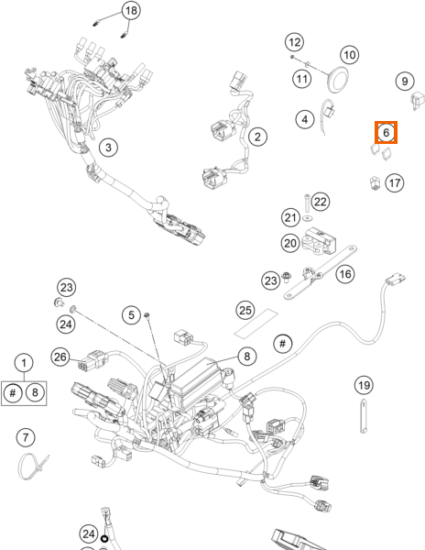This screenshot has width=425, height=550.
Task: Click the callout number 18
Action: (x=131, y=10)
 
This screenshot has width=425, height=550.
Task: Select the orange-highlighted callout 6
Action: (x=387, y=132)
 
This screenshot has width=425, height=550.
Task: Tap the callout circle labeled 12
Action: (x=294, y=42)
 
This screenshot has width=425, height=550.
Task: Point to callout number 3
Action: (x=108, y=148)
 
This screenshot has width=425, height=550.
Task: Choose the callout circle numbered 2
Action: (x=257, y=137)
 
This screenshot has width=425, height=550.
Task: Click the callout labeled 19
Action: (x=364, y=385)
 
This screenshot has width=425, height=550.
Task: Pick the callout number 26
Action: (x=60, y=357)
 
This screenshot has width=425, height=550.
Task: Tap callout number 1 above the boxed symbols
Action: (x=24, y=363)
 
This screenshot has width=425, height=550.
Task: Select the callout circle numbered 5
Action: (x=131, y=314)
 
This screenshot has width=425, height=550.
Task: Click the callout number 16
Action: (x=345, y=274)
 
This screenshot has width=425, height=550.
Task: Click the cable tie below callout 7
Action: (x=33, y=467)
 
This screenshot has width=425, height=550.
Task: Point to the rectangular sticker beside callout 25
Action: (x=256, y=324)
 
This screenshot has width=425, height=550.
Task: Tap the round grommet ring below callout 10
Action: (x=339, y=80)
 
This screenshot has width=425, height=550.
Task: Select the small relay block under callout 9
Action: (x=418, y=100)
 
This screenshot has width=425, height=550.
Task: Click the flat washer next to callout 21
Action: (x=308, y=218)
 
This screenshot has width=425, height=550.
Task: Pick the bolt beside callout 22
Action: (x=307, y=202)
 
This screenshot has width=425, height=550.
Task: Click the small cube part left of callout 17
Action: (x=376, y=183)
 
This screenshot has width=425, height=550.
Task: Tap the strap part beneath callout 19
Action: (x=364, y=416)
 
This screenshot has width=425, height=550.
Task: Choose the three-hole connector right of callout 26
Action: (x=92, y=360)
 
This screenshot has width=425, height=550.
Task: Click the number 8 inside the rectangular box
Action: (x=35, y=392)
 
